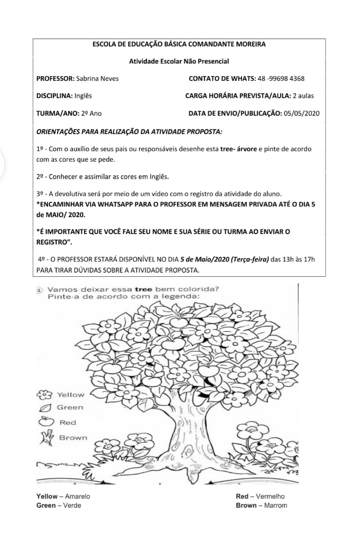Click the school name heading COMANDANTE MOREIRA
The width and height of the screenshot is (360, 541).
pyautogui.click(x=179, y=45)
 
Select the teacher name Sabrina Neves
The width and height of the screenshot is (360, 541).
pyautogui.click(x=97, y=79)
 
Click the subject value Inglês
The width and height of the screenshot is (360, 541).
pyautogui.click(x=84, y=96)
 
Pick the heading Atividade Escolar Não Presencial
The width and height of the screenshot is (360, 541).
pyautogui.click(x=179, y=62)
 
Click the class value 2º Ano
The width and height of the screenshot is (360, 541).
pyautogui.click(x=91, y=113)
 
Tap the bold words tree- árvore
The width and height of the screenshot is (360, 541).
pyautogui.click(x=238, y=149)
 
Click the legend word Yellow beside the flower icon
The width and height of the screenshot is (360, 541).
pyautogui.click(x=70, y=395)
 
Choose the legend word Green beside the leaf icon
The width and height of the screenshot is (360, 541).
pyautogui.click(x=70, y=407)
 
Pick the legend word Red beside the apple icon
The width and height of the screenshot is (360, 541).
pyautogui.click(x=68, y=423)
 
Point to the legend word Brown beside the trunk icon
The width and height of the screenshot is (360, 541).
pyautogui.click(x=73, y=437)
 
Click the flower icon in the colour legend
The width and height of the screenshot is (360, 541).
pyautogui.click(x=46, y=395)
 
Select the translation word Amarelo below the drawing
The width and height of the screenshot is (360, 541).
pyautogui.click(x=78, y=497)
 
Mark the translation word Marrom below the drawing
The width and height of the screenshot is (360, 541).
pyautogui.click(x=276, y=506)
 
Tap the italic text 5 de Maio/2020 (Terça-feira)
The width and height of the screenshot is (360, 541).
pyautogui.click(x=224, y=259)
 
